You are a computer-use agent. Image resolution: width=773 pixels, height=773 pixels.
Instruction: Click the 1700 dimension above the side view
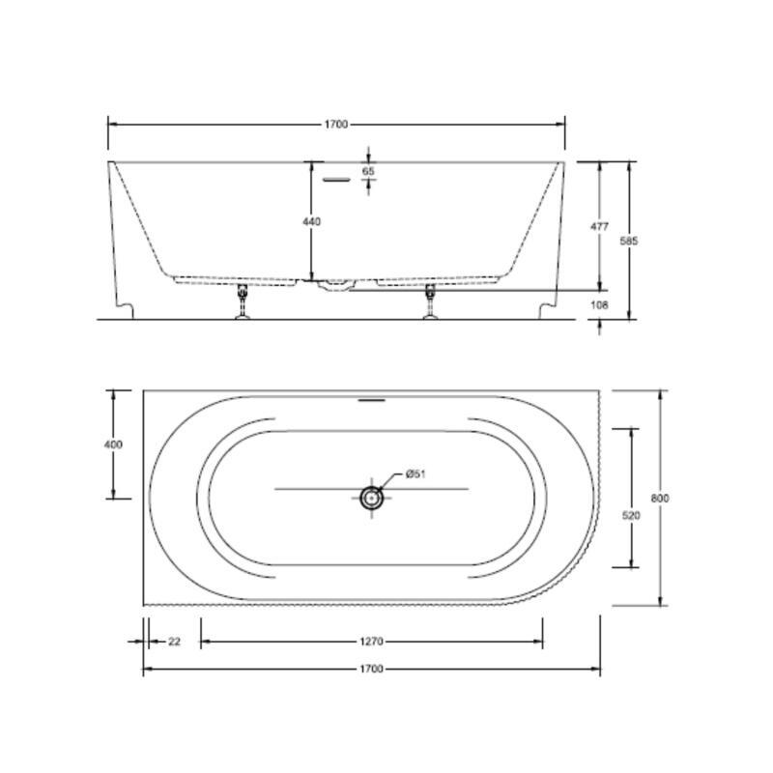pos(336,125)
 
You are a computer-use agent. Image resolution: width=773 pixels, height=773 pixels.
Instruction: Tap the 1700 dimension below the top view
pos(371,669)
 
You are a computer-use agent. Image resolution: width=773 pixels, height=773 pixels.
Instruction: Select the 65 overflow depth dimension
pos(368,171)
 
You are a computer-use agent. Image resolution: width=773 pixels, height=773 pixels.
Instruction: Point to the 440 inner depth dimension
pos(311,222)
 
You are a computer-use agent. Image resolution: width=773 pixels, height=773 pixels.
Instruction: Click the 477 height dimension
pos(599,226)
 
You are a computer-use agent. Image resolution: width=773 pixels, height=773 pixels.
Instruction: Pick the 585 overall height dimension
pos(629,241)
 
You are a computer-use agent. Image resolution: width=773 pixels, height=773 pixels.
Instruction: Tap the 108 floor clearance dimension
pos(599,304)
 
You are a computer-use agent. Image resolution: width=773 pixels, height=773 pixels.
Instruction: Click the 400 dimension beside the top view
pos(113,444)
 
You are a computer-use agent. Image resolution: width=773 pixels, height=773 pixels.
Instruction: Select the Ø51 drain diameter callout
pos(415,474)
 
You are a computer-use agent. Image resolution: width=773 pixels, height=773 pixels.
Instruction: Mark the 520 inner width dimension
pos(631,516)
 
